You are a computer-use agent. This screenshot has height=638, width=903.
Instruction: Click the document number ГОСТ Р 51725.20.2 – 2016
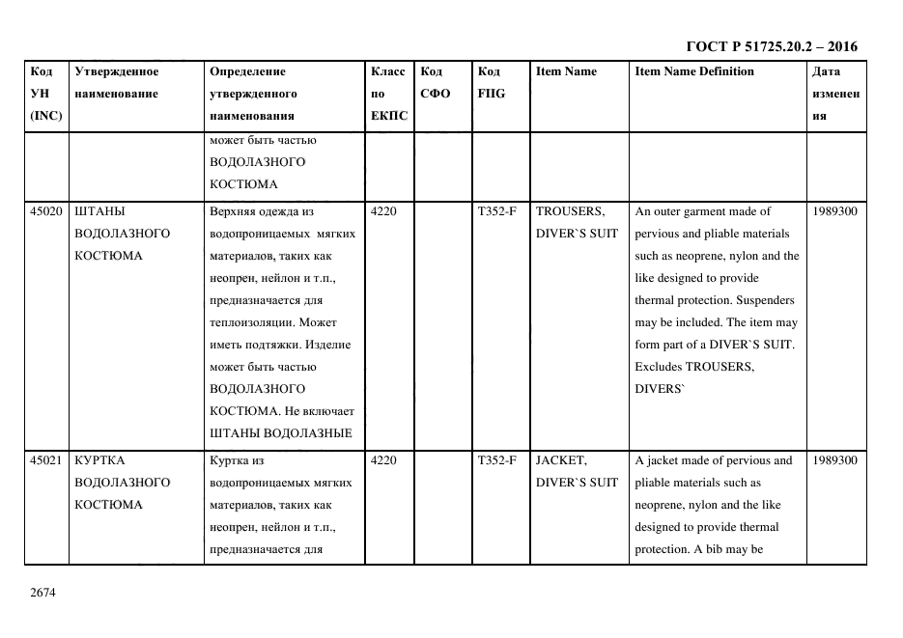tap(771, 46)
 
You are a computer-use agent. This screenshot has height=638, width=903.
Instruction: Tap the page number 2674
tap(43, 592)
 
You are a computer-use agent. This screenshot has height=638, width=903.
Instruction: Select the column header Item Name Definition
tap(693, 71)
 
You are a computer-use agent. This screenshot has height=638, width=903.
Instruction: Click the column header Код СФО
tap(436, 83)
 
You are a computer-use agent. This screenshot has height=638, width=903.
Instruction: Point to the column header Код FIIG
tap(491, 83)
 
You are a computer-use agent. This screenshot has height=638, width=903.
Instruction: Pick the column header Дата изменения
tap(835, 94)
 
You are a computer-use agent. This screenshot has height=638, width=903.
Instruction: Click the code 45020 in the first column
tap(46, 211)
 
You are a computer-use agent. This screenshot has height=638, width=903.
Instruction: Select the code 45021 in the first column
tap(46, 460)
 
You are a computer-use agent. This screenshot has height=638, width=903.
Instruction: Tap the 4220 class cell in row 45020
tap(383, 211)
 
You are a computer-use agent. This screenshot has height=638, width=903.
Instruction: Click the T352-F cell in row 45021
tap(496, 460)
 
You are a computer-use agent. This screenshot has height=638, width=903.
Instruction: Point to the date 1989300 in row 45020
tap(835, 211)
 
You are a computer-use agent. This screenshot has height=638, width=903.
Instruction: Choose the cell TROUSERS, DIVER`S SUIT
tap(577, 222)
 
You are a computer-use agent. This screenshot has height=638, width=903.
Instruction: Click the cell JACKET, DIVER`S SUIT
tap(577, 471)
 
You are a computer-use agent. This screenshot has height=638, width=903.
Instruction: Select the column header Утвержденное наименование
tap(117, 83)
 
